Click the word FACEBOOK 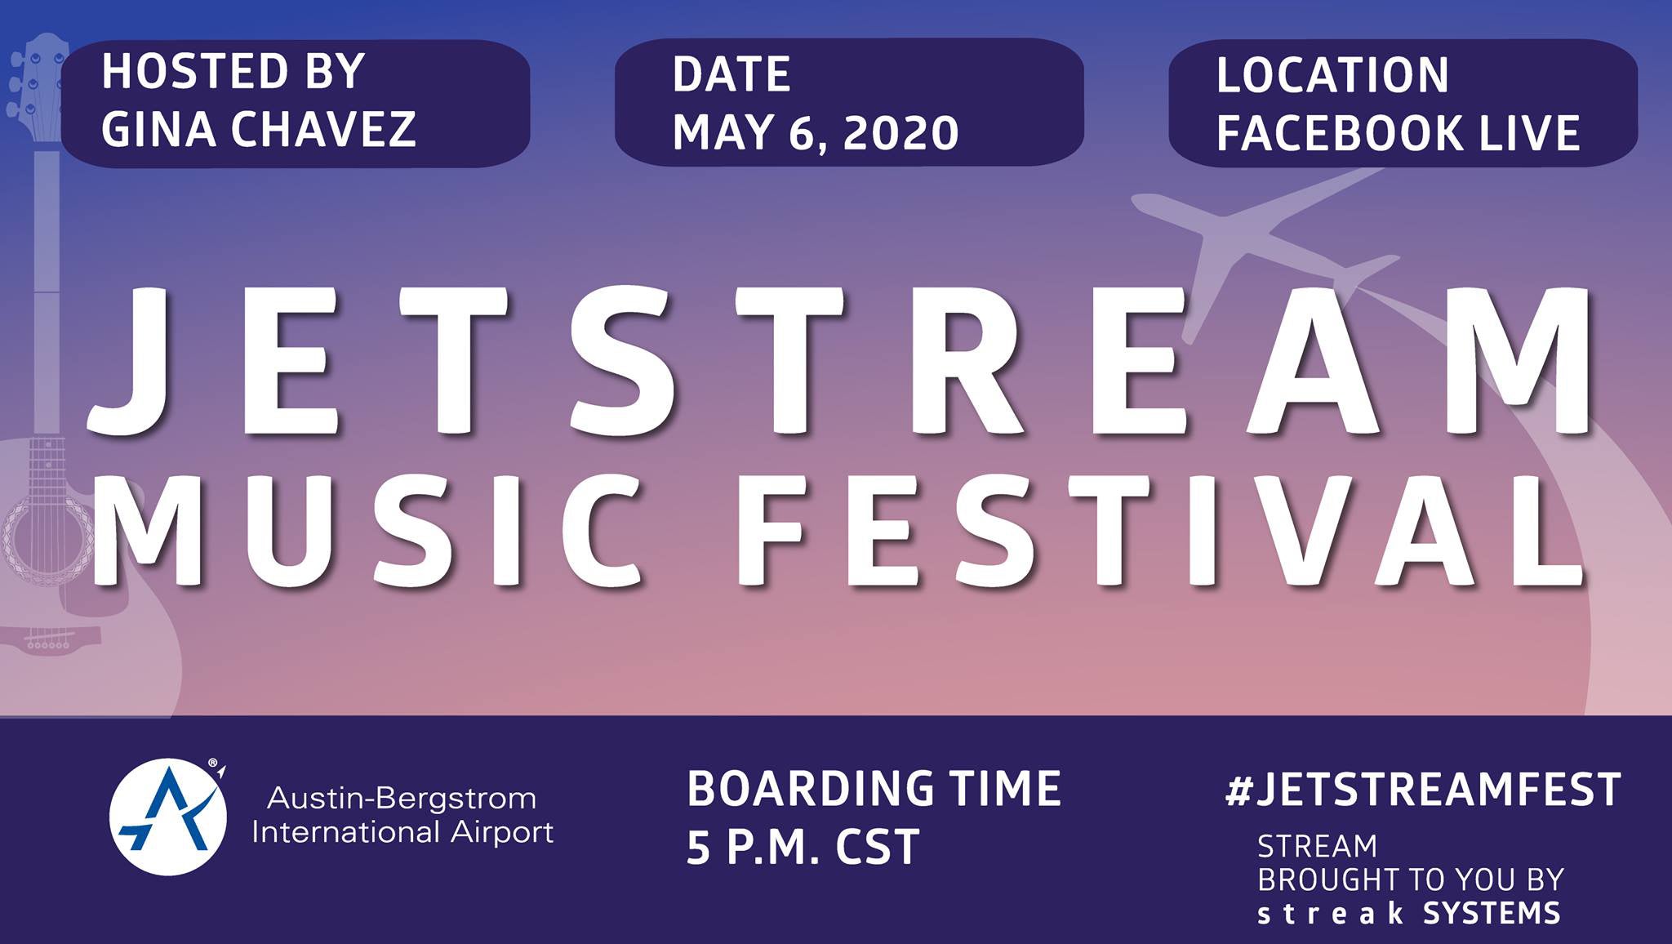coord(1339,133)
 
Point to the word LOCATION coord(1332,75)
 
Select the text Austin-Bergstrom coord(402,799)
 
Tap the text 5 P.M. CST coord(803,847)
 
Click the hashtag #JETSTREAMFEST coord(1423,790)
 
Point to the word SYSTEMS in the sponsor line coord(1492,913)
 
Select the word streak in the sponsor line coord(1330,913)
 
